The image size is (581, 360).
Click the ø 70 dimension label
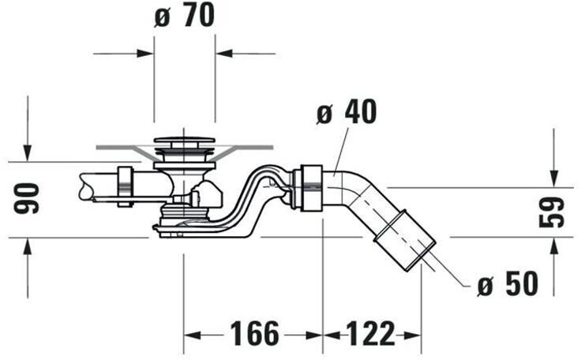pos(185,17)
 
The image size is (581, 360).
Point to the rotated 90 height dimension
pos(28,199)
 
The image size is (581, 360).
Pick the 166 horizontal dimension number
pos(254,334)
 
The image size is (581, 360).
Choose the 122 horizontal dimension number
pos(371,334)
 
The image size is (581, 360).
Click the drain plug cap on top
pos(183,141)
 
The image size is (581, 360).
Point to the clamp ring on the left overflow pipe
pos(124,186)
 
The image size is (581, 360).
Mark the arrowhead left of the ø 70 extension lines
pos(146,54)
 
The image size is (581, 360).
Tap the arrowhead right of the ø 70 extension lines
pos(223,54)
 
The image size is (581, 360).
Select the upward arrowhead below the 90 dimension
pos(28,245)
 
